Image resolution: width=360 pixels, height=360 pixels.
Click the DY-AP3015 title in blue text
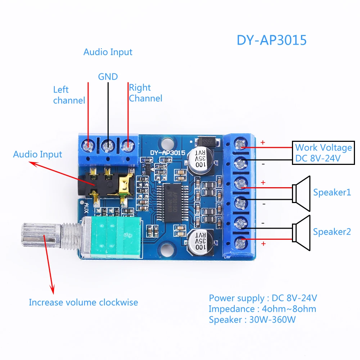271,40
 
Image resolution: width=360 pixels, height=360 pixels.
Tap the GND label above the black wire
108,77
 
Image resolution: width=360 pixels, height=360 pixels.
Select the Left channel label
69,95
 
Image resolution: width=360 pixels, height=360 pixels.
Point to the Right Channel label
145,93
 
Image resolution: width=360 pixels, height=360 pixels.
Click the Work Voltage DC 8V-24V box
323,153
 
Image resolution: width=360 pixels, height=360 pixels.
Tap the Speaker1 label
332,192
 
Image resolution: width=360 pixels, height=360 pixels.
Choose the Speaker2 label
332,231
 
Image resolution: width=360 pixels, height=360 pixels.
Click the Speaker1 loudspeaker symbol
301,194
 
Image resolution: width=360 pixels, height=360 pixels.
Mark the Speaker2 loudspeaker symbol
301,233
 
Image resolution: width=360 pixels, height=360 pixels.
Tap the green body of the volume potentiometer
116,237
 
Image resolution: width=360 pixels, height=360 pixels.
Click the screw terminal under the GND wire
108,145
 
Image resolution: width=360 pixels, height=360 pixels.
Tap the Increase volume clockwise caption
84,302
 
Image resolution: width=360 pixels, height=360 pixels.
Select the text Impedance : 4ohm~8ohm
262,309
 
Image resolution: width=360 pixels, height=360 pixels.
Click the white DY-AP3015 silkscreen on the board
168,153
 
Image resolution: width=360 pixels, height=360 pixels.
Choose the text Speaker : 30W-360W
252,320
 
